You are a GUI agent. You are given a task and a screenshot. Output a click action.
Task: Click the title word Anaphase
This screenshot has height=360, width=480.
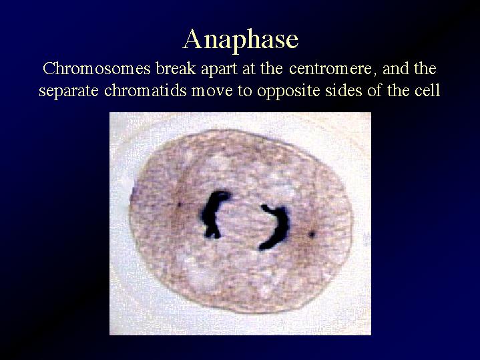tap(240, 40)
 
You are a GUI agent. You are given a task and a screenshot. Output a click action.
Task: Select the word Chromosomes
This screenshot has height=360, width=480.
tap(97, 69)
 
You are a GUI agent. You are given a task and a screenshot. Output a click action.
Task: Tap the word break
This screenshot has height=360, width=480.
tap(176, 69)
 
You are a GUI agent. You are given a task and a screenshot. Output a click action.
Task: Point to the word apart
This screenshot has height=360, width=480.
tap(219, 70)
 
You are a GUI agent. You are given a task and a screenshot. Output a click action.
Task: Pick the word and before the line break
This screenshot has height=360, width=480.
tap(396, 69)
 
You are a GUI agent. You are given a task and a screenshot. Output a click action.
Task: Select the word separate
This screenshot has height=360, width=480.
tap(69, 92)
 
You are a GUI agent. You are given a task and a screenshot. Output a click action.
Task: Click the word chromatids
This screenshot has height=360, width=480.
tap(146, 90)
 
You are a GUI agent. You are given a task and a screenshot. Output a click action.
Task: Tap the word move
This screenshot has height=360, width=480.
tap(212, 92)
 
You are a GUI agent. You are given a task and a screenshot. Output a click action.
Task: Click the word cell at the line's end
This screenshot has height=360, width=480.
tap(427, 90)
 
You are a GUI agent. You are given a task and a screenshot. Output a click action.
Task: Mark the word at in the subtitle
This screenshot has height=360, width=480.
tap(249, 70)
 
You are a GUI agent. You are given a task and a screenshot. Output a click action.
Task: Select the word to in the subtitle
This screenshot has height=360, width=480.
tap(244, 92)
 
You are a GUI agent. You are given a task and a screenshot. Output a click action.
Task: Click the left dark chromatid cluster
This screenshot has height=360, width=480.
tap(213, 214)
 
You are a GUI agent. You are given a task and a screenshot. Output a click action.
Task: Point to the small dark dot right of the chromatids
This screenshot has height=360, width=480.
tap(312, 234)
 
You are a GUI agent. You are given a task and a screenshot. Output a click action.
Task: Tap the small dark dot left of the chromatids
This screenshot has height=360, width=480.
tap(180, 204)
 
